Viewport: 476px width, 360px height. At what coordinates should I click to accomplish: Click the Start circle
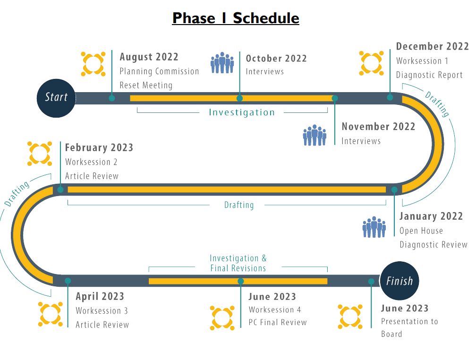[x=56, y=98]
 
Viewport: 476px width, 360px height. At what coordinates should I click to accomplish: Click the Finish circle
[x=399, y=281]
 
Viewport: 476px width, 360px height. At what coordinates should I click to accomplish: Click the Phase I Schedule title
[x=236, y=18]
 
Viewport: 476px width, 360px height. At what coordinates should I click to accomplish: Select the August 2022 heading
[x=149, y=57]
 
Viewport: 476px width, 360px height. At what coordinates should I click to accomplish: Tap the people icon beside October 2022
[x=222, y=63]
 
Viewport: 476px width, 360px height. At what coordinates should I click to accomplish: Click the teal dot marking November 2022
[x=335, y=98]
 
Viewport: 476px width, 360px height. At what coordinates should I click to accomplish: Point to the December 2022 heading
[x=432, y=46]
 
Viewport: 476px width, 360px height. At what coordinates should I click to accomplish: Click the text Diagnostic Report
[x=429, y=75]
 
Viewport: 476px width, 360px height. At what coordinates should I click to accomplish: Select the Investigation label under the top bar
[x=241, y=112]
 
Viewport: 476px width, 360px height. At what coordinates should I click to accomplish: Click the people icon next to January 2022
[x=374, y=227]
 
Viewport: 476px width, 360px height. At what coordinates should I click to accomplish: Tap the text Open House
[x=421, y=231]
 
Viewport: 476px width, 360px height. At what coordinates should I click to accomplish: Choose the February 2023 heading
[x=99, y=147]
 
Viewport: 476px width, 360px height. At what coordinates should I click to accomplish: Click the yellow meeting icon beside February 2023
[x=40, y=154]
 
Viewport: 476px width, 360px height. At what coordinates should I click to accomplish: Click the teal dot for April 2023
[x=68, y=281]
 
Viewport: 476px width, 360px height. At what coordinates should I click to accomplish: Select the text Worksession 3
[x=102, y=311]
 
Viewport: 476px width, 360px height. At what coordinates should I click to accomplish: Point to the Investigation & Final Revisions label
[x=238, y=263]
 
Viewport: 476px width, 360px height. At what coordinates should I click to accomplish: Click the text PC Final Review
[x=278, y=323]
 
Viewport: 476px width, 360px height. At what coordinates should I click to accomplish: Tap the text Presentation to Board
[x=409, y=327]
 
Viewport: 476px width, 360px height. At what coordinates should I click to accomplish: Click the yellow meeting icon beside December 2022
[x=371, y=63]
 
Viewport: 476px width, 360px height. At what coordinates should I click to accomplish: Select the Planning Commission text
[x=159, y=71]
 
